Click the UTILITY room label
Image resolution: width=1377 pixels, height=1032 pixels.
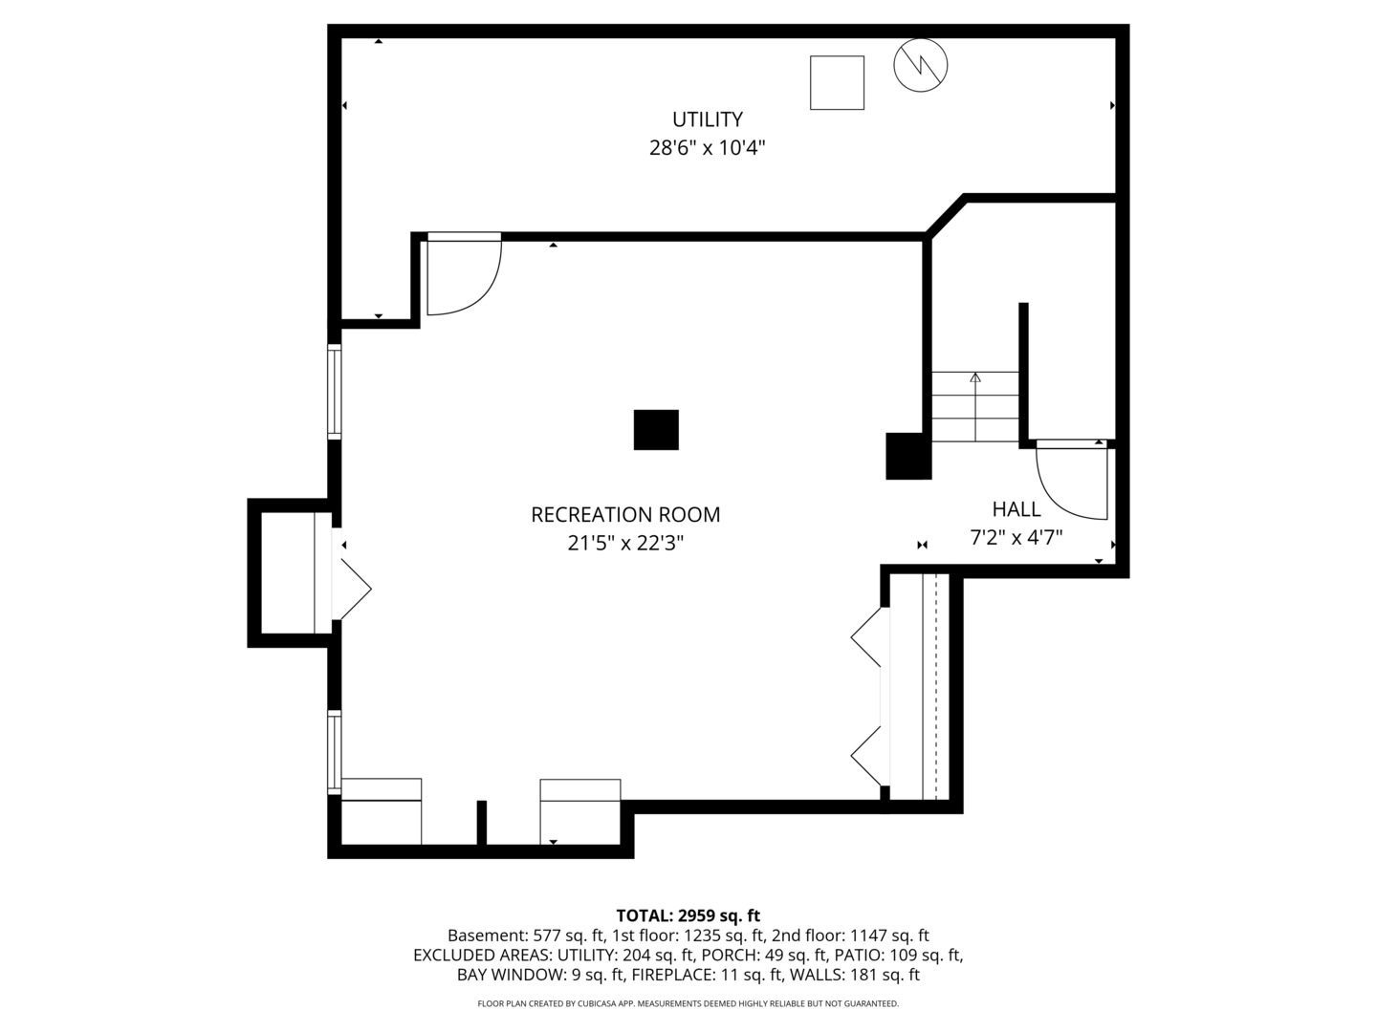[x=707, y=119]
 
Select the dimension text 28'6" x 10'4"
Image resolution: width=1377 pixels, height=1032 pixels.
[x=707, y=148]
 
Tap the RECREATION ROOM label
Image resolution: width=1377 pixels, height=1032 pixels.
[x=625, y=515]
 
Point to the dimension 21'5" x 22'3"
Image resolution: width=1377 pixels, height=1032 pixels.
[x=625, y=544]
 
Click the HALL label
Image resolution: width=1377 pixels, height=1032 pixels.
[x=1016, y=509]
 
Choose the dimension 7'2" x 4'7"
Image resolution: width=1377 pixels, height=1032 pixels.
[x=1016, y=538]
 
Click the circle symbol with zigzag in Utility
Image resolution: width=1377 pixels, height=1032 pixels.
[x=920, y=65]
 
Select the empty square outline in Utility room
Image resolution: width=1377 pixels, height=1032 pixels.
[x=837, y=83]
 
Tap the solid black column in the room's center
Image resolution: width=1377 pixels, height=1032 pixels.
[x=656, y=430]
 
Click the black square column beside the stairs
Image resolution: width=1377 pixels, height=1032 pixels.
[x=907, y=456]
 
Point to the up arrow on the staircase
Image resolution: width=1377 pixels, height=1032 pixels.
[x=975, y=378]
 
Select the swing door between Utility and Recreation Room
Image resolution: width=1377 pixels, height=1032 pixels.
[x=463, y=274]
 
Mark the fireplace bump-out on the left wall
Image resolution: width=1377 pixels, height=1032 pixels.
[x=287, y=572]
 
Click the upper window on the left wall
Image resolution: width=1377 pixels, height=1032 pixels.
[x=334, y=391]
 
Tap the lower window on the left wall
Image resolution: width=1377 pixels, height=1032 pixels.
[x=334, y=752]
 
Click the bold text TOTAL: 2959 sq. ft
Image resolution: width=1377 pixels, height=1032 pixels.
[x=688, y=916]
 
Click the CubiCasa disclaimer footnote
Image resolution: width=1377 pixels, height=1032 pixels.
[x=688, y=1004]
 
